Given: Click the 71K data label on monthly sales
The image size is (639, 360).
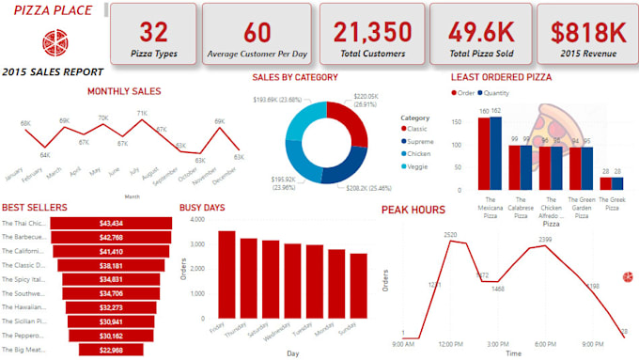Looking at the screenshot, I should click(x=142, y=114).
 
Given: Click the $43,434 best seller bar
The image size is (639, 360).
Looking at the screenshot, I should click(x=111, y=223).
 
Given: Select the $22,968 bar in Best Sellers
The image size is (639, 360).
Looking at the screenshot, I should click(x=111, y=350).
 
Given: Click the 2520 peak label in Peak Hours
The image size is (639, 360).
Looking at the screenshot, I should click(x=451, y=233).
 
